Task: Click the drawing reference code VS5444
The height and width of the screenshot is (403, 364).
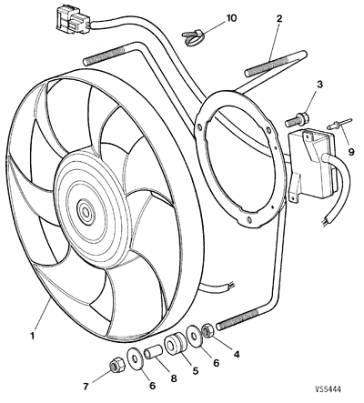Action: pyautogui.click(x=337, y=392)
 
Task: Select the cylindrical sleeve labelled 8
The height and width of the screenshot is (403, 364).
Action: pyautogui.click(x=156, y=350)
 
